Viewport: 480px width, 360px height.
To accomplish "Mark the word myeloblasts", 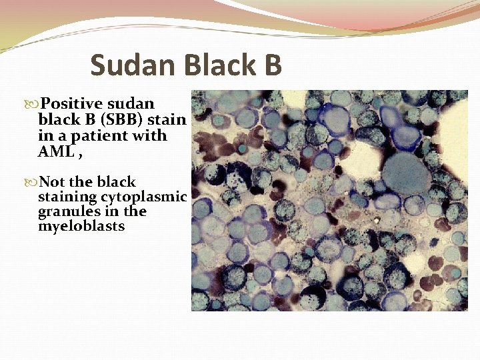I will point(81,227).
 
